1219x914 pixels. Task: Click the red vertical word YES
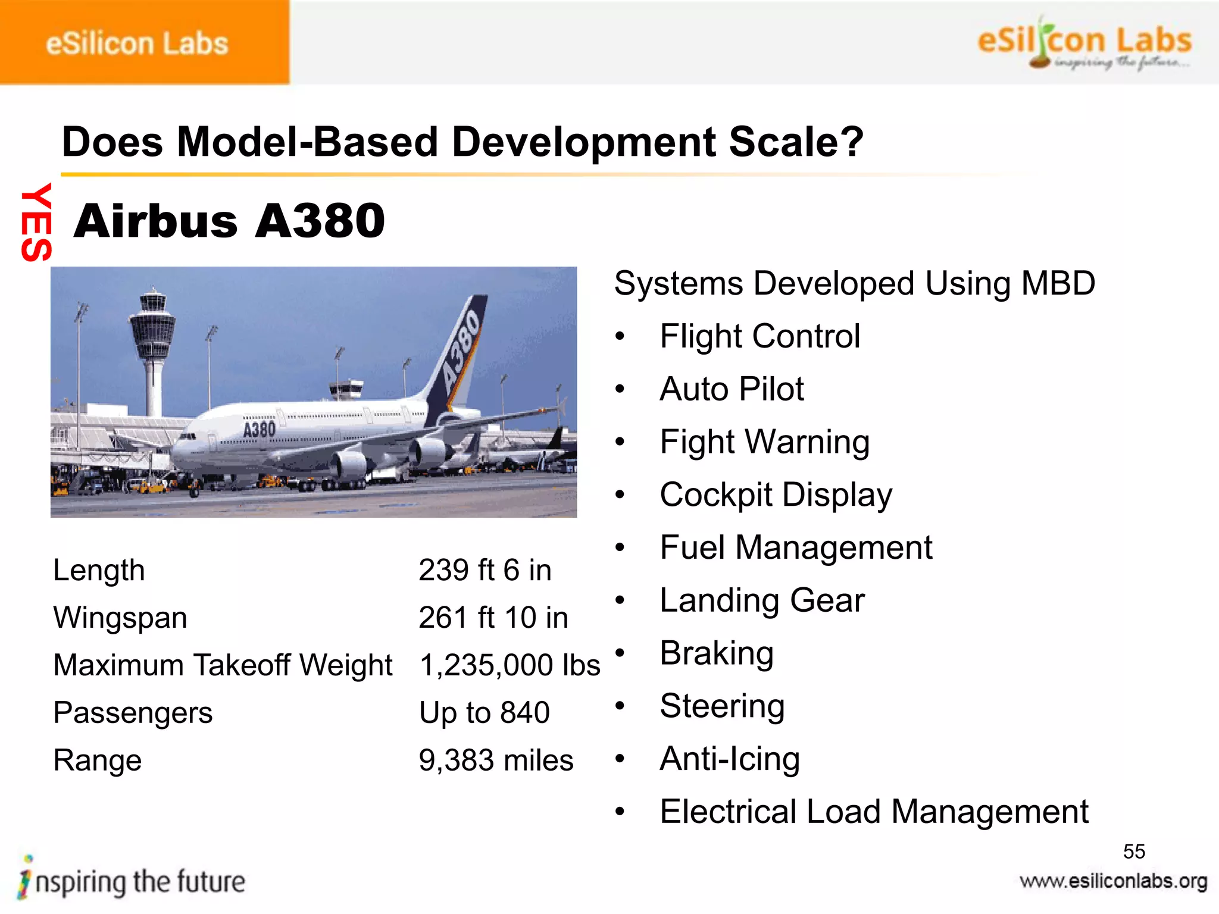click(x=36, y=222)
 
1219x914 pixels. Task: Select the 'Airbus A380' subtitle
click(x=229, y=221)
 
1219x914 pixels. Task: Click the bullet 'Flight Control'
click(x=759, y=336)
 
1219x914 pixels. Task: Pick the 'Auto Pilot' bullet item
click(x=732, y=389)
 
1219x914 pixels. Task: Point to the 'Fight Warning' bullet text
click(x=764, y=442)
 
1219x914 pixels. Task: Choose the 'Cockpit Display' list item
click(x=776, y=495)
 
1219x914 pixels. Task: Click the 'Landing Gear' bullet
click(x=762, y=600)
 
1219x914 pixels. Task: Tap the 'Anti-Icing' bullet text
click(x=729, y=759)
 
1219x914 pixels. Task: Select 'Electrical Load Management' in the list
click(x=874, y=812)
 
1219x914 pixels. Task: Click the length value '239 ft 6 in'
click(x=485, y=570)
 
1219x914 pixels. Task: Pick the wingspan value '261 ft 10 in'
click(x=493, y=618)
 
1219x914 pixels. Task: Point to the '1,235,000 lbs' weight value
click(x=510, y=665)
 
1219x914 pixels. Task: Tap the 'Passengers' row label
click(x=133, y=713)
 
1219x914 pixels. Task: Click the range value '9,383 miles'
click(x=496, y=760)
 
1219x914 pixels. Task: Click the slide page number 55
click(x=1134, y=852)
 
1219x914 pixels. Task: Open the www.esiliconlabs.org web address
click(x=1113, y=881)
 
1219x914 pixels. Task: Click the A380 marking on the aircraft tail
click(x=461, y=351)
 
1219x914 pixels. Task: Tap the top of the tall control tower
click(x=153, y=298)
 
